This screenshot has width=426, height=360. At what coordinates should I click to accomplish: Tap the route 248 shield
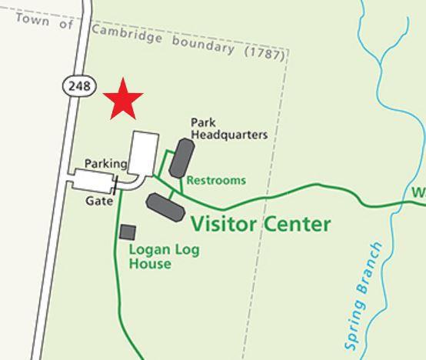tap(80, 85)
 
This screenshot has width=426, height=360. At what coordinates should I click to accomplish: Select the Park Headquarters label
tap(228, 128)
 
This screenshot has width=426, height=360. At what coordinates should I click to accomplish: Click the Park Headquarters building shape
tap(181, 158)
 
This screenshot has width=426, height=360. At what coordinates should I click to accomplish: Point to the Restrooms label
tap(216, 181)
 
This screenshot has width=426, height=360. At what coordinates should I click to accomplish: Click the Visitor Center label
tap(261, 224)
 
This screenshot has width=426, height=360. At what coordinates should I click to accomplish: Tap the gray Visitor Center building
tap(165, 208)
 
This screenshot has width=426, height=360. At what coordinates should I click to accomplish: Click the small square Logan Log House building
tap(128, 232)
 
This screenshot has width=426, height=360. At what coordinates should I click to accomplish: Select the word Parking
tap(105, 163)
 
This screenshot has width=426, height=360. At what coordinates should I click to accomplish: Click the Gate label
tap(99, 201)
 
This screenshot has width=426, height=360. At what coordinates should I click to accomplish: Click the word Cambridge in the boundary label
tap(127, 35)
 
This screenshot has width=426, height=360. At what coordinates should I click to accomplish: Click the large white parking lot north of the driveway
tap(144, 152)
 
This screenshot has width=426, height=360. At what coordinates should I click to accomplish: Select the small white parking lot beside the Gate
tap(92, 181)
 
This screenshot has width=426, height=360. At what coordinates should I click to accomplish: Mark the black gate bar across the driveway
tap(115, 185)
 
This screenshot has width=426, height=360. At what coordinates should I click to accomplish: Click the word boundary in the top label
tap(202, 44)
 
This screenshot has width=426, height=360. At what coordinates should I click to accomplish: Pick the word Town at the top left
tap(32, 20)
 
